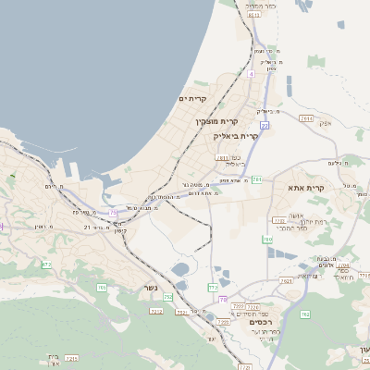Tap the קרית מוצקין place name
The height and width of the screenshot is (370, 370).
(217, 121)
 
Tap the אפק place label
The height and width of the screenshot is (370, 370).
(324, 123)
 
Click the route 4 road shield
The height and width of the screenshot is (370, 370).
(251, 72)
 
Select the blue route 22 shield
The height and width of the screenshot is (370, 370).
(265, 125)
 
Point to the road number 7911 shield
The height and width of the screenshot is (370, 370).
(306, 117)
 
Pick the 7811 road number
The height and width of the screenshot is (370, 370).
(223, 158)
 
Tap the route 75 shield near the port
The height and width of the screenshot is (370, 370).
(113, 213)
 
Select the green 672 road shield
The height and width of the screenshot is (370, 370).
(46, 264)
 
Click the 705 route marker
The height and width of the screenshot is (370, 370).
(103, 287)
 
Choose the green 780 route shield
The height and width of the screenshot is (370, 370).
(267, 239)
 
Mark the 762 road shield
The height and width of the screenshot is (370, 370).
(304, 315)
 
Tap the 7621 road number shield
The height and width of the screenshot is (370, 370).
(286, 280)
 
